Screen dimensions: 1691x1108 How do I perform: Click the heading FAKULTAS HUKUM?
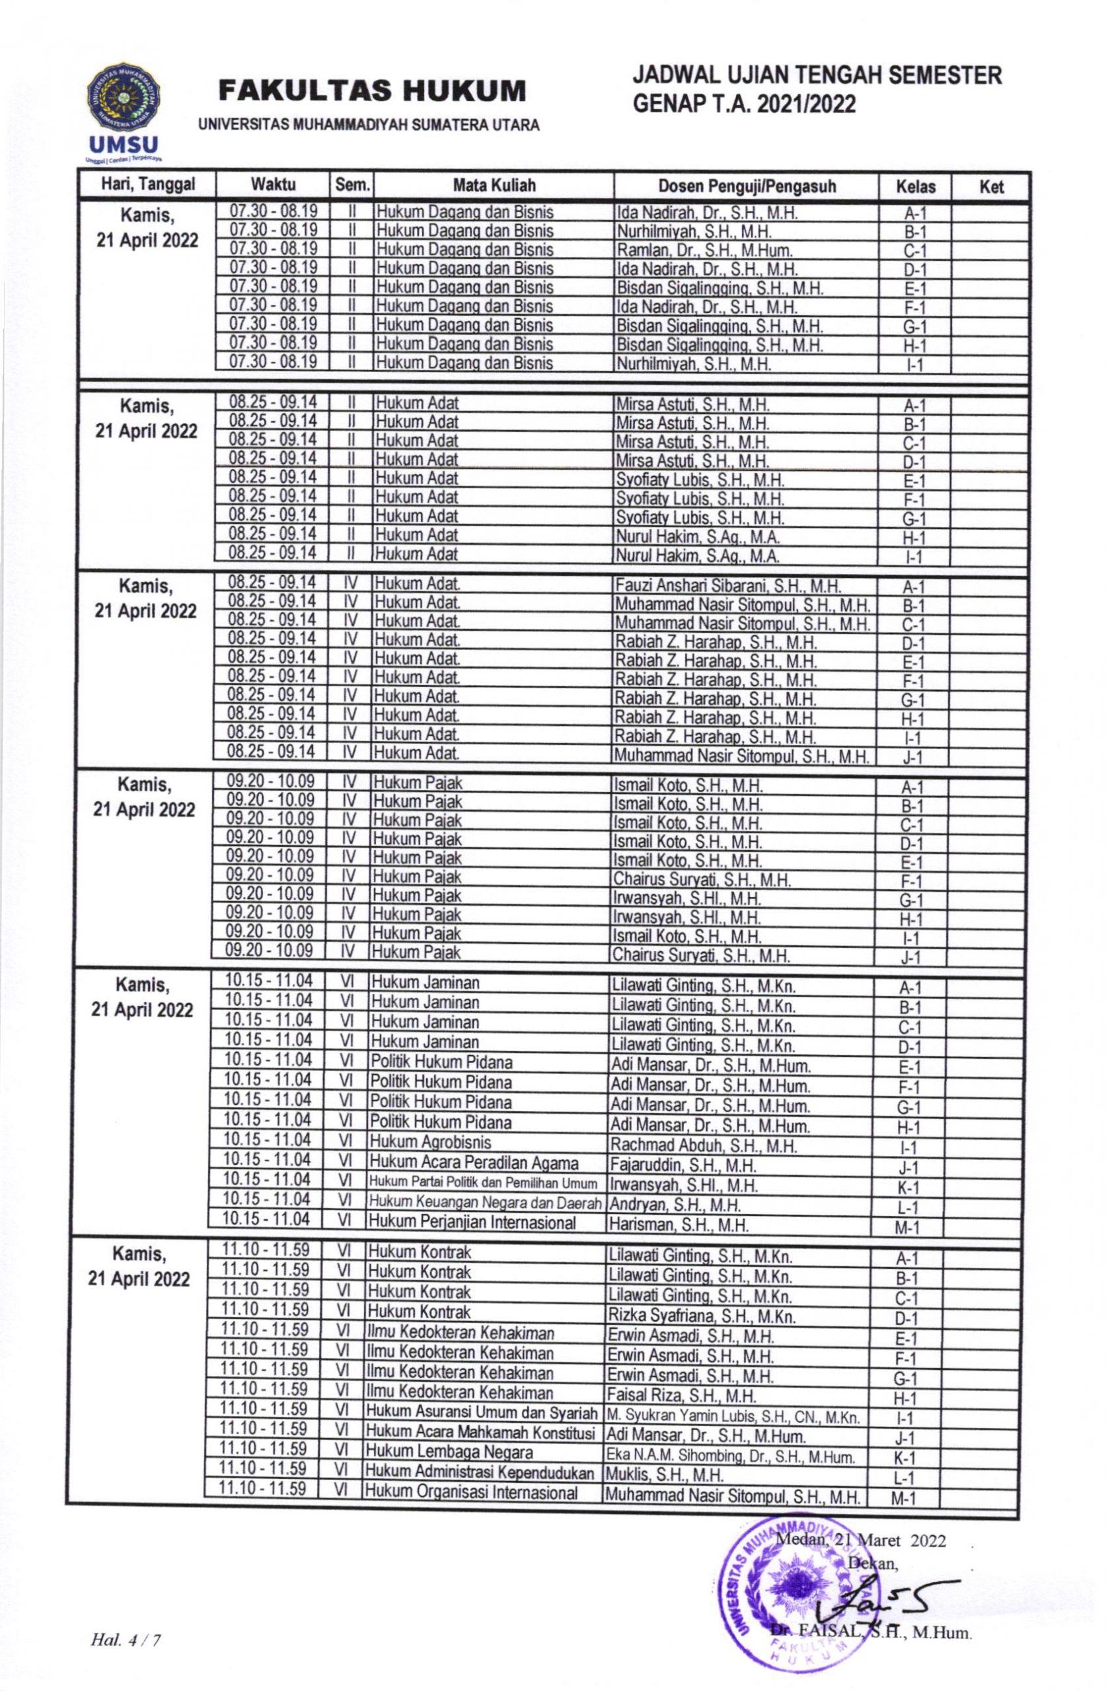373,92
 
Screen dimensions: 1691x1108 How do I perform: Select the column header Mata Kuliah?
494,186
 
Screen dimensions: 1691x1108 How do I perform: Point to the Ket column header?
991,187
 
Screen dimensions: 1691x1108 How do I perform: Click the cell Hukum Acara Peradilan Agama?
473,1164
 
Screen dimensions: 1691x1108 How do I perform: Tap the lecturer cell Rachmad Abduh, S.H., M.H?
703,1145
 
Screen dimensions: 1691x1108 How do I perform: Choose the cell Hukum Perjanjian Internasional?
472,1223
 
